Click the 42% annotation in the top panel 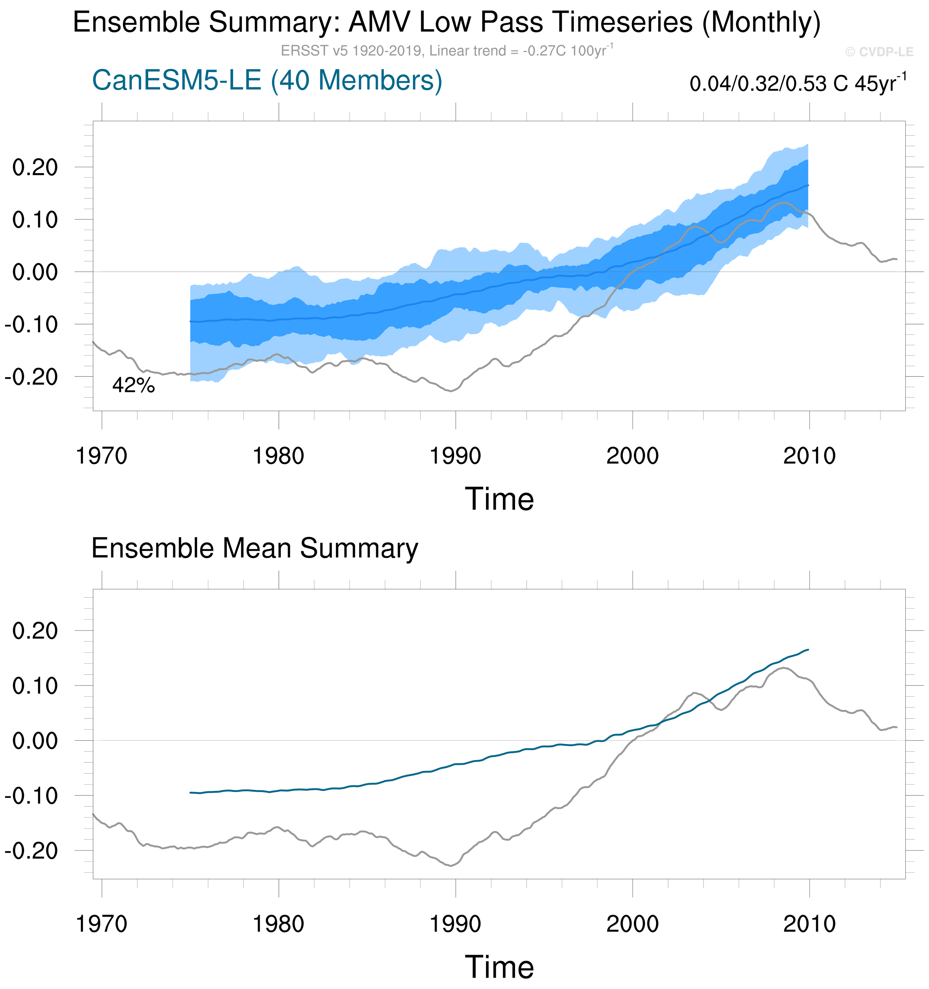[134, 385]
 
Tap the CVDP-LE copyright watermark [879, 52]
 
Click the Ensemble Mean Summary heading [255, 548]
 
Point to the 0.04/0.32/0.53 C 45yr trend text [798, 83]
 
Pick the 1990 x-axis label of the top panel [455, 456]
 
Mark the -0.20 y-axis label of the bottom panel [32, 851]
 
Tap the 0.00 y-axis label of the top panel [35, 272]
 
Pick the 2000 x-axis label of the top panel [632, 456]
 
